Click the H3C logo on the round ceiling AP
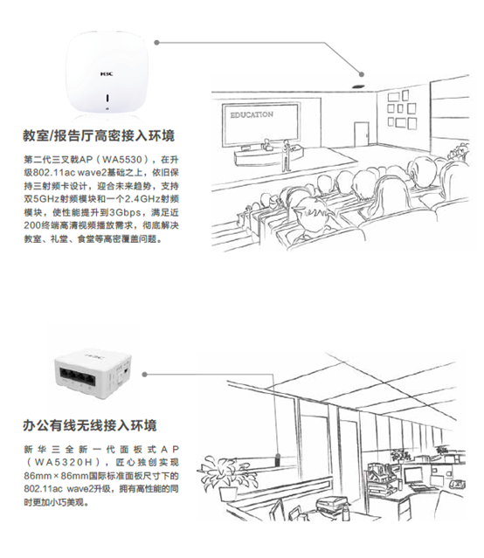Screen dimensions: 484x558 pos(107,74)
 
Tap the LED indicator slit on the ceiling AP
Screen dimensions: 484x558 pos(108,98)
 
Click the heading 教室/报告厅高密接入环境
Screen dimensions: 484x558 pos(99,136)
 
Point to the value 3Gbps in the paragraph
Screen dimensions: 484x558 pos(125,212)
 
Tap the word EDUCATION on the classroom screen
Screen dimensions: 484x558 pos(252,114)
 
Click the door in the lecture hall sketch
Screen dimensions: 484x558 pos(361,134)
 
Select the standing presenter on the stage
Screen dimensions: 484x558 pos(286,155)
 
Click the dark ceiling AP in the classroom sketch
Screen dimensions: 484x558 pos(359,86)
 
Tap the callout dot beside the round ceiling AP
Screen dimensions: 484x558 pos(157,43)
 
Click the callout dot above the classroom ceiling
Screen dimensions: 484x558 pos(362,74)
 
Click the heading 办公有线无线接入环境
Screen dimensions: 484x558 pos(90,425)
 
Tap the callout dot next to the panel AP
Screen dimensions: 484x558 pos(145,375)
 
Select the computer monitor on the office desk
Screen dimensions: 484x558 pos(413,475)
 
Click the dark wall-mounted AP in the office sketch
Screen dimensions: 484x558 pos(279,459)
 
